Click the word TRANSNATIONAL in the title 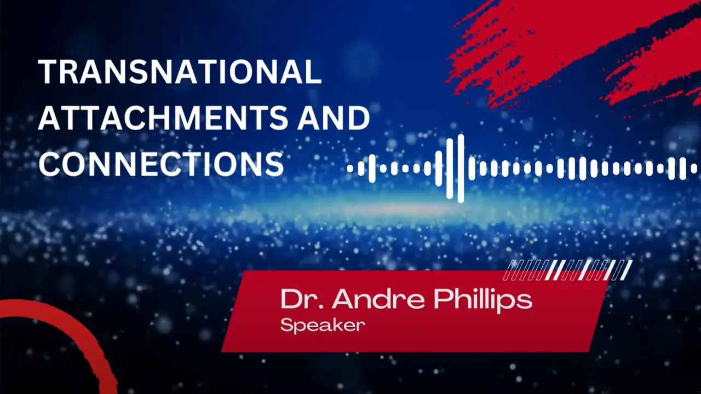click(x=180, y=71)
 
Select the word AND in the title click(x=334, y=118)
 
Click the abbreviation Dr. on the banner click(x=301, y=299)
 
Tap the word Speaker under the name click(x=323, y=326)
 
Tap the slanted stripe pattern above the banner click(x=567, y=270)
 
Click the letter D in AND click(x=359, y=118)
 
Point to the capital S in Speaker click(x=286, y=325)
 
